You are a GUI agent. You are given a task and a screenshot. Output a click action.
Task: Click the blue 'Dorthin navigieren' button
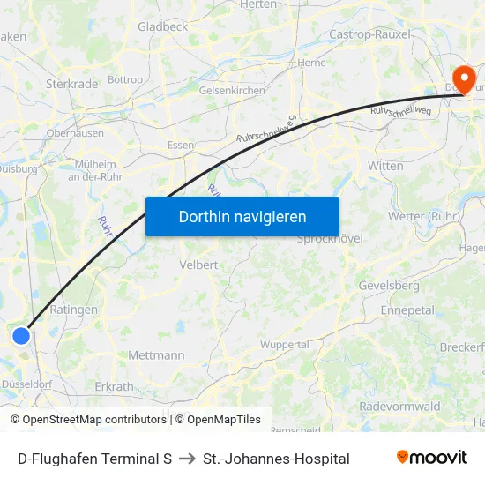click(x=242, y=216)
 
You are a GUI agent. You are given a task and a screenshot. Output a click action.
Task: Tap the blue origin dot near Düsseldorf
click(x=21, y=335)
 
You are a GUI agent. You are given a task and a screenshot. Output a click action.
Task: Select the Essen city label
click(x=180, y=146)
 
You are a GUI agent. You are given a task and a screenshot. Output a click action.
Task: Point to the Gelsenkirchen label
click(x=232, y=91)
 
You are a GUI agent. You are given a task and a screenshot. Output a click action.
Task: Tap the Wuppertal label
click(x=285, y=345)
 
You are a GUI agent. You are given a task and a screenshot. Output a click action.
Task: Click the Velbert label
click(x=198, y=265)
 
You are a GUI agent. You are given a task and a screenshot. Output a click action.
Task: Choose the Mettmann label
click(x=156, y=355)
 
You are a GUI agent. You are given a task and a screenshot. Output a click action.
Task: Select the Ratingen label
click(x=74, y=310)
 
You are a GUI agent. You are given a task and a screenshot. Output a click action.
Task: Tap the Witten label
click(x=385, y=166)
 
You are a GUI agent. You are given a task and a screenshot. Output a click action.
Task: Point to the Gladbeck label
click(x=162, y=27)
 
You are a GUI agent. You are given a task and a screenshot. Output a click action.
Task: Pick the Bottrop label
click(x=124, y=79)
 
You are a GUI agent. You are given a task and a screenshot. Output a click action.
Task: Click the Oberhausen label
click(x=75, y=134)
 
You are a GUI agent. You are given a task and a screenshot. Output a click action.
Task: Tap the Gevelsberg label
click(x=388, y=286)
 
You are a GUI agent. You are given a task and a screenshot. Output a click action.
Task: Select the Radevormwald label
click(x=399, y=407)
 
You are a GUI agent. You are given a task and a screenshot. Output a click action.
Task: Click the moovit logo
click(x=432, y=458)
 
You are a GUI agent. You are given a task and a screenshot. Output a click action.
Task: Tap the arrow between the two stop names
click(x=187, y=459)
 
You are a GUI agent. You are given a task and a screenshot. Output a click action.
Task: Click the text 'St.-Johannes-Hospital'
click(x=276, y=459)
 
